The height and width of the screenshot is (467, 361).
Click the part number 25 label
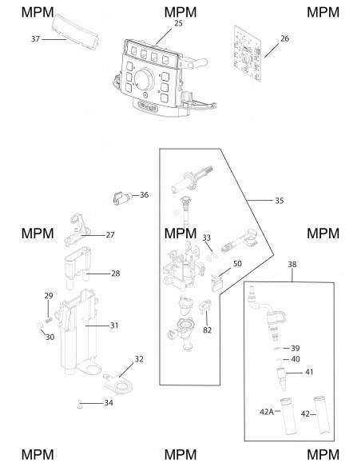coord(178,23)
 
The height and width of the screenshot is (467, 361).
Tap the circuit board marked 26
coord(248,54)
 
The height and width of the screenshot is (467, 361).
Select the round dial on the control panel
coord(145,79)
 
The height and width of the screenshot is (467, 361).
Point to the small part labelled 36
coord(122,198)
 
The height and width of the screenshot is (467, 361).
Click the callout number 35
coord(279,201)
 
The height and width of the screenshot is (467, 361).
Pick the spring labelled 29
coord(49,321)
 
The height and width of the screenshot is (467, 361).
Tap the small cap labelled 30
coord(40,325)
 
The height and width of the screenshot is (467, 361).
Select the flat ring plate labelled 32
coord(119,384)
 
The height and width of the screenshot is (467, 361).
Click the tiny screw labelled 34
coord(79,404)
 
